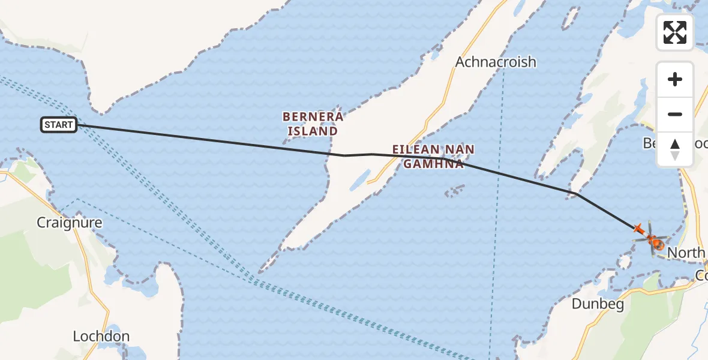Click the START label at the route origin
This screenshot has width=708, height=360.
coord(59,125)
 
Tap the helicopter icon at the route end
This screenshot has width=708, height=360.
coord(652,241)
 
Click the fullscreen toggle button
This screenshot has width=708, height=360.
coord(675,32)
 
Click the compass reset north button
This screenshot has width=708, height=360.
coord(675,149)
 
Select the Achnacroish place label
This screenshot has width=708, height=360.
coord(496,62)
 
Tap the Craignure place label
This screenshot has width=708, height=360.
coord(70,223)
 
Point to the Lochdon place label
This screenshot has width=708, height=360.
coord(101,336)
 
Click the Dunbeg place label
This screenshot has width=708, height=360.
coord(598,304)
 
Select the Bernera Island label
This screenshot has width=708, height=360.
coord(313,123)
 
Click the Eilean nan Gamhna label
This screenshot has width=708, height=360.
coord(433,156)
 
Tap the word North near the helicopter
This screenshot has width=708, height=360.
coord(686,253)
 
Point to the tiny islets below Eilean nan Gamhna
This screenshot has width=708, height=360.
coord(454,191)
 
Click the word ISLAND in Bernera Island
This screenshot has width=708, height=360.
coord(313,131)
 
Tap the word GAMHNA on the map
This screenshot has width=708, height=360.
coord(433,163)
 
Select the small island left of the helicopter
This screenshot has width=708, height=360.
coord(624,262)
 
